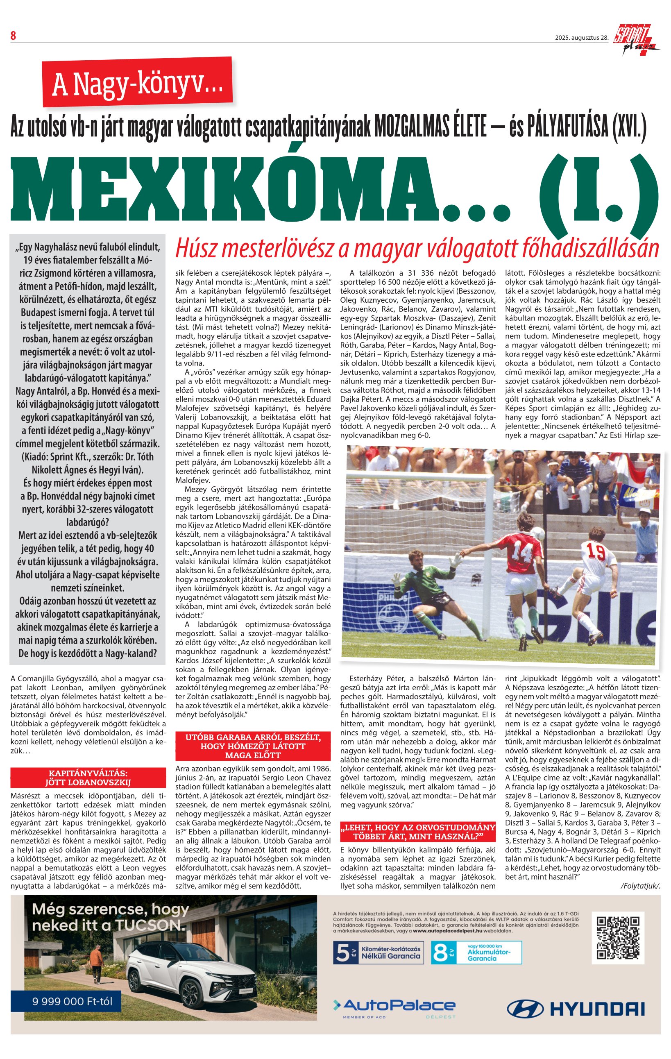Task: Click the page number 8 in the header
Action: tap(13, 36)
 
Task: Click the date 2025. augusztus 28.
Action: tap(581, 38)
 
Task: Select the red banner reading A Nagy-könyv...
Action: tap(137, 82)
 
